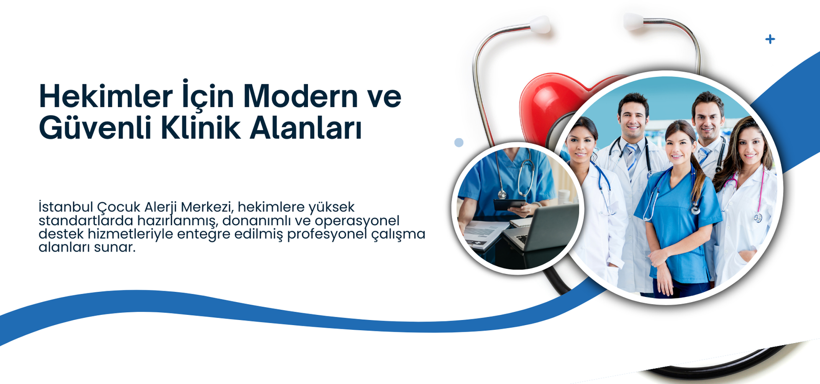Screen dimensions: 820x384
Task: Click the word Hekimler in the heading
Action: [106, 96]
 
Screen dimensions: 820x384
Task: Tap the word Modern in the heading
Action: [300, 96]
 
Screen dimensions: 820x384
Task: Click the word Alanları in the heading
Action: [305, 127]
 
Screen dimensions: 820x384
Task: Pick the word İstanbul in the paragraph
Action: [66, 207]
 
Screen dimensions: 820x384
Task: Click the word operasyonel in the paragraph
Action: [357, 221]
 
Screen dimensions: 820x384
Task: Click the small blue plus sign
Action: [770, 39]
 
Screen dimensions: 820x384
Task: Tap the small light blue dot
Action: [459, 143]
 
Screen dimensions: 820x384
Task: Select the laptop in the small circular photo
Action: [542, 228]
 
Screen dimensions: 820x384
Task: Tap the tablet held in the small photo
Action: [509, 204]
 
